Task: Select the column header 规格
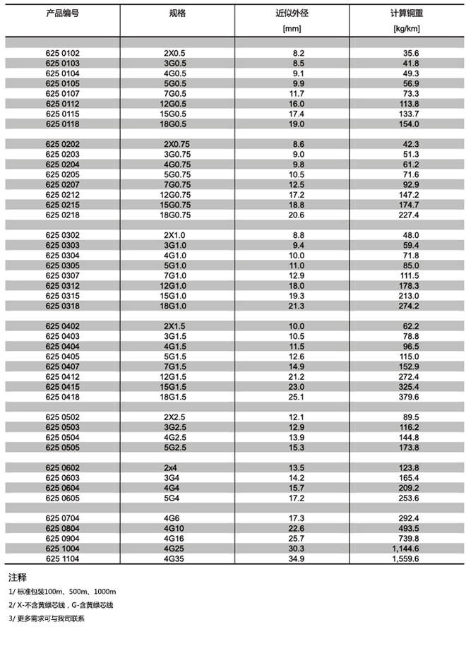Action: pos(177,13)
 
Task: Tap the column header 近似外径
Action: pos(292,13)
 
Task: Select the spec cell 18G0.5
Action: pos(174,124)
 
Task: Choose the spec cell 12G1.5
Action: pos(174,377)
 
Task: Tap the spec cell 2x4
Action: pos(172,467)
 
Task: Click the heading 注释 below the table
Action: pos(17,577)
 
